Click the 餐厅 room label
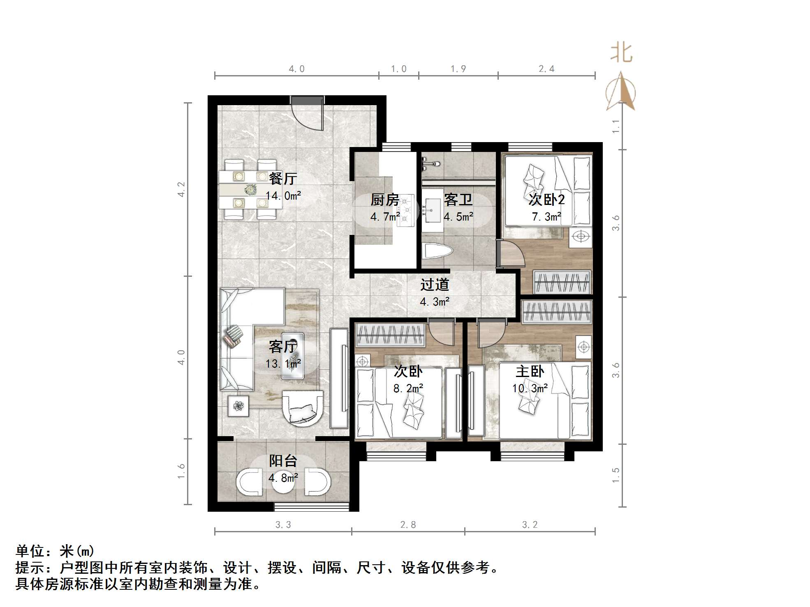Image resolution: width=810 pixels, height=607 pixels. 283,179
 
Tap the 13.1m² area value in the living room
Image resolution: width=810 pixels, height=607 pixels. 283,364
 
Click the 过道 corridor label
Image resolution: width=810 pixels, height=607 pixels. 435,285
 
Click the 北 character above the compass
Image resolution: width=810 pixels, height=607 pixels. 621,54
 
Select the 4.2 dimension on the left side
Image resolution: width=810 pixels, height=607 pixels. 181,189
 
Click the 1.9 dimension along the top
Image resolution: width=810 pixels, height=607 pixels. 458,69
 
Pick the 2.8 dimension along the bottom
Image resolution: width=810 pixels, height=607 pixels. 408,524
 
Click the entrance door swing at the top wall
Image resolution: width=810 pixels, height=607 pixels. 308,115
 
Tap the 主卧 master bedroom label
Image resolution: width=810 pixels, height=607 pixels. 530,371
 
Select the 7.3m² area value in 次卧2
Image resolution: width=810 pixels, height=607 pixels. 546,216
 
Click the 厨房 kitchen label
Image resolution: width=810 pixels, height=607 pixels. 385,200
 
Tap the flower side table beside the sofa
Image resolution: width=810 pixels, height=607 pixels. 238,406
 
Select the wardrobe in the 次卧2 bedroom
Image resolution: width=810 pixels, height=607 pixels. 562,282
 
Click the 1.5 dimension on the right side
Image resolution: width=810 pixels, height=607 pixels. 616,475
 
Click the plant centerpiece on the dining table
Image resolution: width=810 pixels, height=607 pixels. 250,190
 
